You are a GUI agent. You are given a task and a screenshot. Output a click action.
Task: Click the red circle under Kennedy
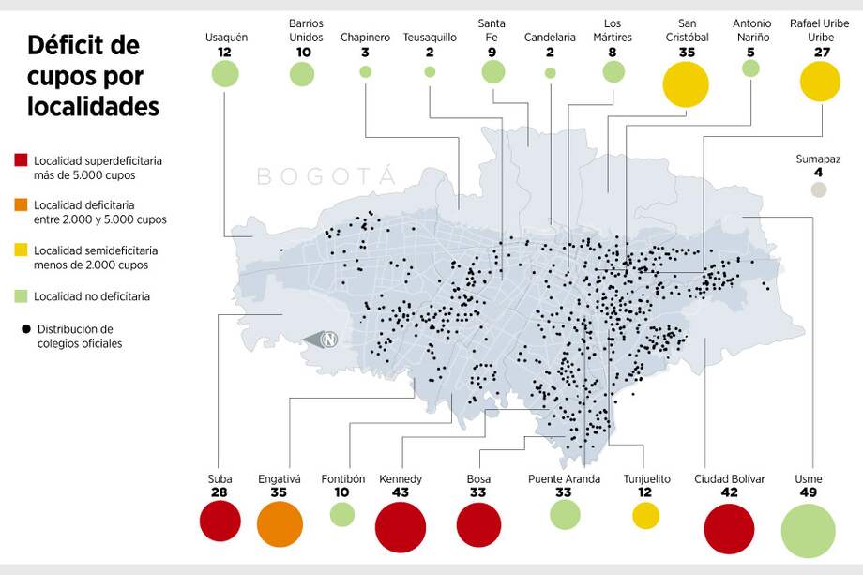400,528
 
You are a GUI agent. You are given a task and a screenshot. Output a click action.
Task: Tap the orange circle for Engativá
280,524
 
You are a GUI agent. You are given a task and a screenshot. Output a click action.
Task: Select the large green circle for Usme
808,530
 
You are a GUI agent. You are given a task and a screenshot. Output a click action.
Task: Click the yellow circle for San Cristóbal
688,84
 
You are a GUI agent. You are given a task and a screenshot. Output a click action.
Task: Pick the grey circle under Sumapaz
819,189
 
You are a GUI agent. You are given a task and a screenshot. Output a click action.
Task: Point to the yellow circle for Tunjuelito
646,515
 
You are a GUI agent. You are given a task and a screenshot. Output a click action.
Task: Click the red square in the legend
22,161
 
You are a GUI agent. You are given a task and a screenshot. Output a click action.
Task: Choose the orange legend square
22,205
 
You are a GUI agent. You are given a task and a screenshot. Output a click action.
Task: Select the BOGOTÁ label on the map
326,176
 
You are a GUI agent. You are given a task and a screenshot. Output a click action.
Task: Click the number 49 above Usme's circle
808,492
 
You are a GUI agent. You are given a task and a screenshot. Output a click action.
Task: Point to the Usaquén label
225,38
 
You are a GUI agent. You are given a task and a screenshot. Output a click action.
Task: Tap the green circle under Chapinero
365,71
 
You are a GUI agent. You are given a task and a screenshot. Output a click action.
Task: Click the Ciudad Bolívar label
729,479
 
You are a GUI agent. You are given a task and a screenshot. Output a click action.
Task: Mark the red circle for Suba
220,521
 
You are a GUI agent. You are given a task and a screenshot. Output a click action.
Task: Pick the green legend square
22,296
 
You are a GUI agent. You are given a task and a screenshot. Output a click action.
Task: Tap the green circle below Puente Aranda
565,514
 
